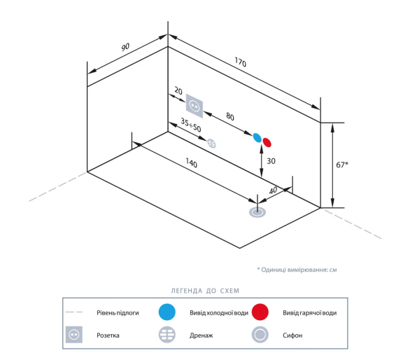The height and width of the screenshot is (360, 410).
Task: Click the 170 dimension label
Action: click(240, 62)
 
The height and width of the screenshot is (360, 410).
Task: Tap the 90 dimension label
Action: click(125, 47)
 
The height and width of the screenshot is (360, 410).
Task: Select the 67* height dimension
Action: click(342, 165)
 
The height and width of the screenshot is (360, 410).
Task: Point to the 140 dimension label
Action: click(192, 162)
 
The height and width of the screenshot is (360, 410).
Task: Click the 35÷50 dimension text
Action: click(191, 125)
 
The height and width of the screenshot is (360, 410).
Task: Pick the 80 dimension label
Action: click(230, 116)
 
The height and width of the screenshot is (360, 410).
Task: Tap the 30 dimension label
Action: click(271, 161)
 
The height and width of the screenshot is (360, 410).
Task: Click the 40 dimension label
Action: click(273, 191)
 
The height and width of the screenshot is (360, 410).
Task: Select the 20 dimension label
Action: click(178, 91)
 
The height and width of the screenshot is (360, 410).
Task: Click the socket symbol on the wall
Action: click(195, 106)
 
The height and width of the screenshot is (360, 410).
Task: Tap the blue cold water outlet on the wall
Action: click(257, 138)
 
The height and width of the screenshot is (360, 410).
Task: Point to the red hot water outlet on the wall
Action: click(267, 142)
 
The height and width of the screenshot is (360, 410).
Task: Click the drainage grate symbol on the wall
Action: click(211, 144)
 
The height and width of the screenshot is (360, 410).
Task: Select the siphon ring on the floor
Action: click(257, 212)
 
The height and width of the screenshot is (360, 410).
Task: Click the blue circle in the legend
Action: click(167, 312)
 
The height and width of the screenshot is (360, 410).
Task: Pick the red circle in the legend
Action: click(260, 312)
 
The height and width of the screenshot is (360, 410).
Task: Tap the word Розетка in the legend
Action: click(108, 335)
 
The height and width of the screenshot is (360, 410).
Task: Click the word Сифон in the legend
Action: click(292, 335)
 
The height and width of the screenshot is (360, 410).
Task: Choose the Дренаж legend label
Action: click(201, 335)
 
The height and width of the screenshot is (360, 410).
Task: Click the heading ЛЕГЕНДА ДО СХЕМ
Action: click(205, 291)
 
